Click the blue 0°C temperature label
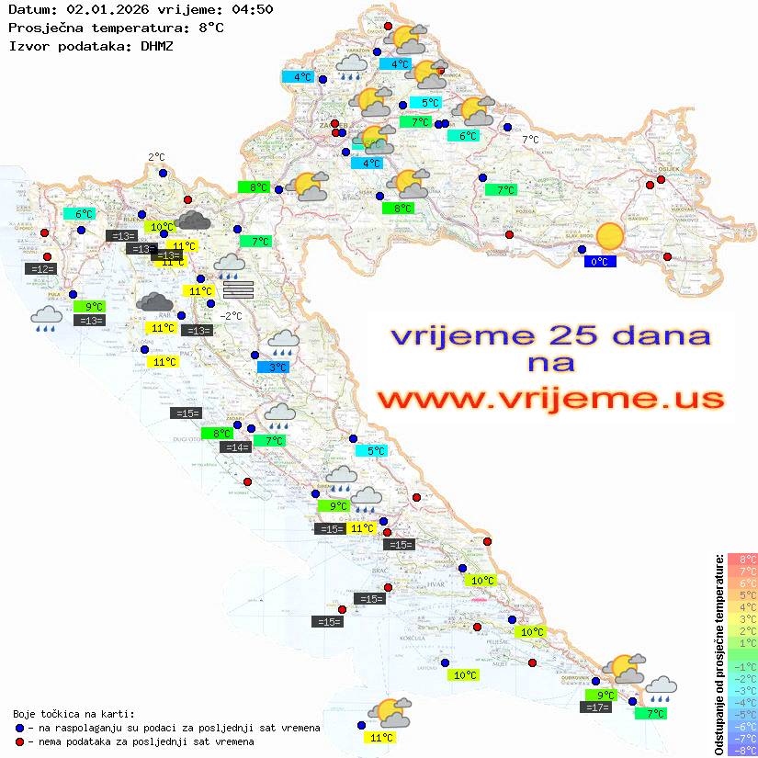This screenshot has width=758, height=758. coord(599,262)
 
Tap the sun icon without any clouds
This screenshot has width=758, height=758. coord(608,237)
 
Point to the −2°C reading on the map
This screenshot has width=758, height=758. coord(231,316)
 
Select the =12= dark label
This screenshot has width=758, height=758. coord(41,268)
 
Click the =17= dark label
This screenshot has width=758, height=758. coord(597,707)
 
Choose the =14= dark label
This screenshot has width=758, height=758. coord(236,447)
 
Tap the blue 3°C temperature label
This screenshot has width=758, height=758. coord(277,368)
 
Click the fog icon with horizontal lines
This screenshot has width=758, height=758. coord(237,290)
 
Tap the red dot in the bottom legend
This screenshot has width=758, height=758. coord(19,741)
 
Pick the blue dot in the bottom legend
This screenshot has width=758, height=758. coord(19,728)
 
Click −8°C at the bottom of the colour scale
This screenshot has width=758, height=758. coord(741,750)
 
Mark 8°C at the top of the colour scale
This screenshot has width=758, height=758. coord(741,560)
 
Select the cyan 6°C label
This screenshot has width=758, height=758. coord(78,214)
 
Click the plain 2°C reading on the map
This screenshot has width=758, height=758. coord(156,157)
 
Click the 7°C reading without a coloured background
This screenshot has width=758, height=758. coord(531,140)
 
